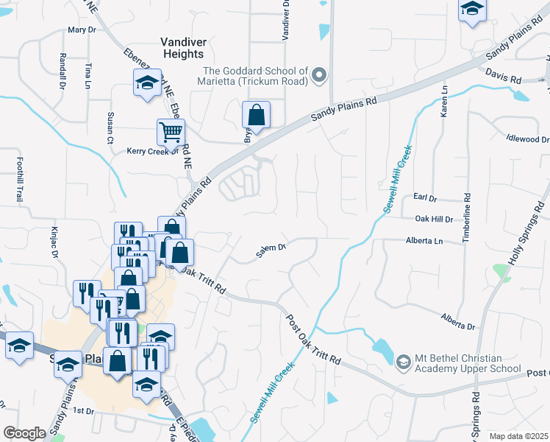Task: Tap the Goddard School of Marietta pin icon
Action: pyautogui.click(x=318, y=74)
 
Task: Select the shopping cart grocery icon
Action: pyautogui.click(x=171, y=133)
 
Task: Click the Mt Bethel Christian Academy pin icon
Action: pyautogui.click(x=403, y=362)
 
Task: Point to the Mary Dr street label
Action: pyautogui.click(x=82, y=30)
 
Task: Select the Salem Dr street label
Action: pyautogui.click(x=271, y=249)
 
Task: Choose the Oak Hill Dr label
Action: pyautogui.click(x=433, y=219)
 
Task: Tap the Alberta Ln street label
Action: pyautogui.click(x=424, y=241)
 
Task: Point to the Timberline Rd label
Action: pyautogui.click(x=466, y=218)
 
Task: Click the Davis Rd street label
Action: pyautogui.click(x=503, y=75)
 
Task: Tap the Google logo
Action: pyautogui.click(x=24, y=433)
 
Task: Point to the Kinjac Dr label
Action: pyautogui.click(x=54, y=243)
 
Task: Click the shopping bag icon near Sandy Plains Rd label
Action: pyautogui.click(x=256, y=115)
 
